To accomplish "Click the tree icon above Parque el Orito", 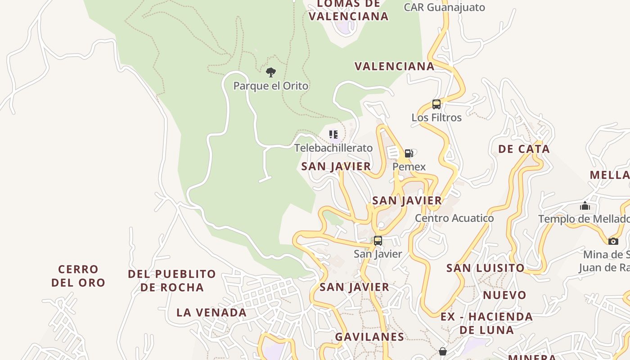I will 270,72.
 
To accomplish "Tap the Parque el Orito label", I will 270,85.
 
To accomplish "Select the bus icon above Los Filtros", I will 436,104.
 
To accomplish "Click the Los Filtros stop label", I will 436,117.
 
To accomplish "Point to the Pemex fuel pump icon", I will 409,153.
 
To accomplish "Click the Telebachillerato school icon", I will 333,134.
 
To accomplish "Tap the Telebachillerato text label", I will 333,148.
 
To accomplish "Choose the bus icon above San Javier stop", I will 378,241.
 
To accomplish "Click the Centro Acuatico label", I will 454,218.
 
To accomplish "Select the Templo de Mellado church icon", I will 585,206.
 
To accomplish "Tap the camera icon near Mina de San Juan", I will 613,241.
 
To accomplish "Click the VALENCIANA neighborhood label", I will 394,67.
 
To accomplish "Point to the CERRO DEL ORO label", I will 78,276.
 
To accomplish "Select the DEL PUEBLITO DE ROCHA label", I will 172,280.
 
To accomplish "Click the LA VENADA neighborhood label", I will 211,312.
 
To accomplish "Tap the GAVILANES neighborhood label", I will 369,337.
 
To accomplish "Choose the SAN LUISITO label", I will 485,268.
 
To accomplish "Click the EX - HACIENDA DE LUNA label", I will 486,323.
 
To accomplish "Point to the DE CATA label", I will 524,149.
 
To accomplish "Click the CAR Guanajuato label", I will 444,7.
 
